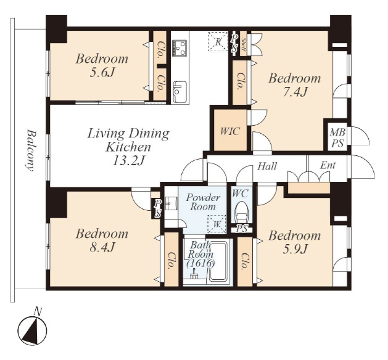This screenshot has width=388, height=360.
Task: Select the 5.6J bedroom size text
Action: point(102,73)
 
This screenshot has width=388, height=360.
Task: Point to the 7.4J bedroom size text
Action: point(294,92)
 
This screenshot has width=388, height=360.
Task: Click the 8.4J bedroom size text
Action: point(102,248)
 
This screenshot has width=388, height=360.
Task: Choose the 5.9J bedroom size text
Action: point(294,249)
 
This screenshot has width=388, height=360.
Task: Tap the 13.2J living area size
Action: point(128,162)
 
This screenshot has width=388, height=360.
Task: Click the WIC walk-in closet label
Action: point(230,131)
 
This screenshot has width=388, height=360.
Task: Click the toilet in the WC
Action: point(242,211)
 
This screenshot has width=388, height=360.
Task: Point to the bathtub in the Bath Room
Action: point(218,262)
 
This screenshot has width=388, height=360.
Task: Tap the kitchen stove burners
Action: point(180,48)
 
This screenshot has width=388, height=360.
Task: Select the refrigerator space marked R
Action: point(218,41)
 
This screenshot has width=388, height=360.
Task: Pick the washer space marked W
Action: point(217,224)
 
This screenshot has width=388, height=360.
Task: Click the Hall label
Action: point(267,166)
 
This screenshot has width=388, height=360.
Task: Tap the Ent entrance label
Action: point(328,165)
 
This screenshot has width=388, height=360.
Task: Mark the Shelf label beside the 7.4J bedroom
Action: point(244,44)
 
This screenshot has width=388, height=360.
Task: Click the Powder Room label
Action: point(203,202)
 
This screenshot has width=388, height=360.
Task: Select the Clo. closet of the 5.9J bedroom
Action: point(245,261)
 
